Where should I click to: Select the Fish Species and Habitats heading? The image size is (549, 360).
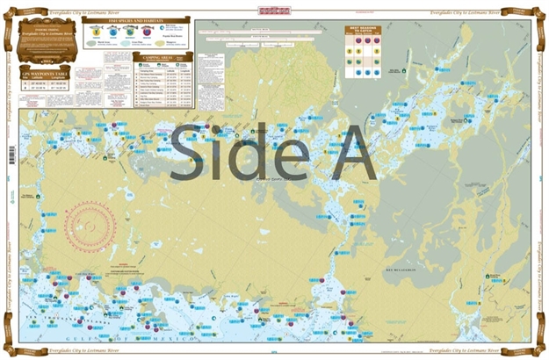coord(137,19)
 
